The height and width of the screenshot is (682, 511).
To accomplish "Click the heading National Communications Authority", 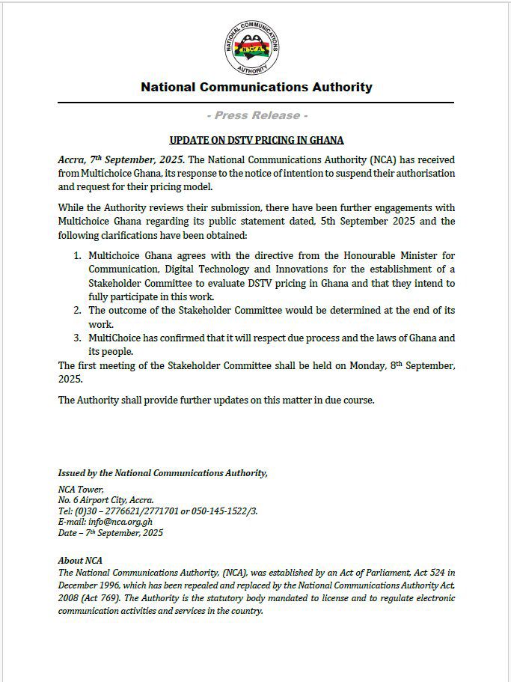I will [256, 87].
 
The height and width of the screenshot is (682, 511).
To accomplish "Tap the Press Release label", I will [256, 115].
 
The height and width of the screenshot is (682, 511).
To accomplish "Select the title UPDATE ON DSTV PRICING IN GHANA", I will [256, 140].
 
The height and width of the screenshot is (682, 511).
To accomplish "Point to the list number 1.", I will [78, 256].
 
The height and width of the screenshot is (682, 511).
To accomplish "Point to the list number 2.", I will [78, 310].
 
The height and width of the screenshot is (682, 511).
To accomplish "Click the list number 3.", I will [78, 338].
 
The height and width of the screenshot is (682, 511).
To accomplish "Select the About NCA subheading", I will [80, 560].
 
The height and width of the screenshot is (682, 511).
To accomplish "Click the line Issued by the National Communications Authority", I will [162, 472].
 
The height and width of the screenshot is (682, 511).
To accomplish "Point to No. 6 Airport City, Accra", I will [105, 499].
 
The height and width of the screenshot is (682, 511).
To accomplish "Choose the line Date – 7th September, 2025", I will [110, 533].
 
